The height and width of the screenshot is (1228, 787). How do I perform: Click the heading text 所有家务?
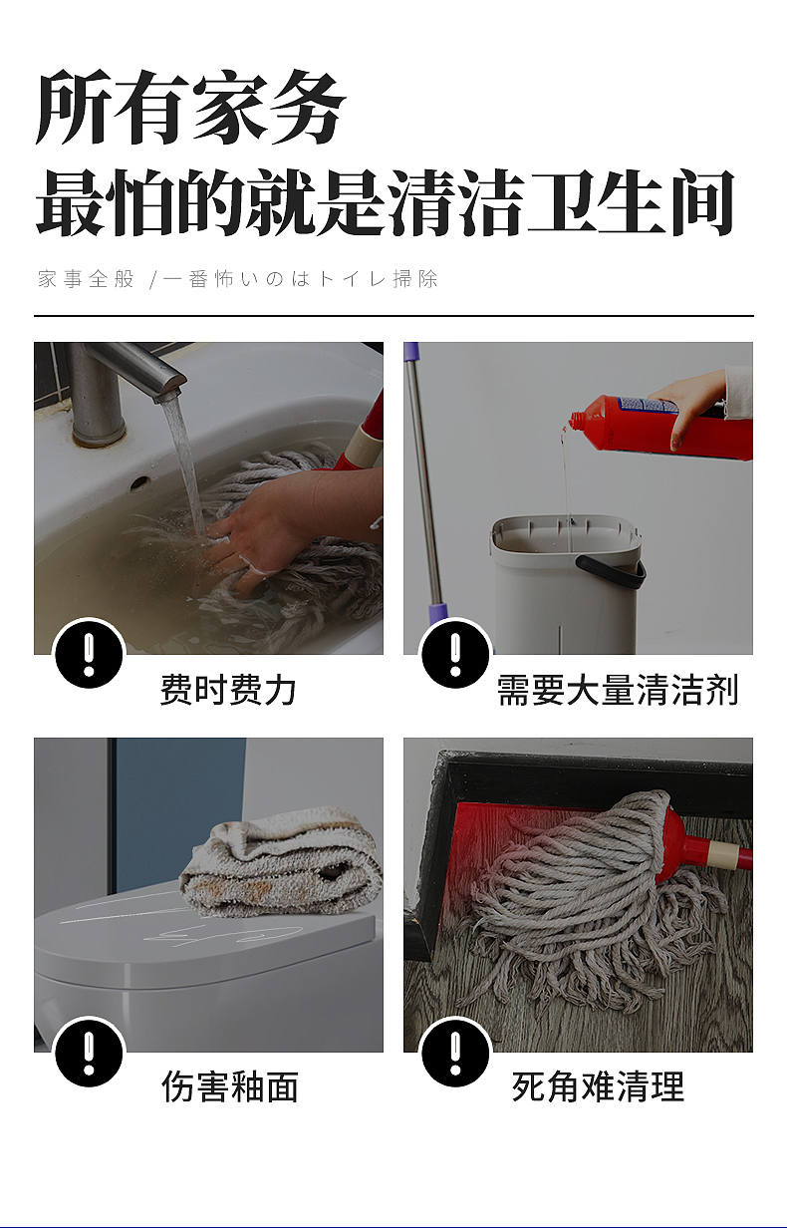[x=190, y=109]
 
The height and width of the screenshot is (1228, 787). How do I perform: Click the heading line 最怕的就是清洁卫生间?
[x=385, y=203]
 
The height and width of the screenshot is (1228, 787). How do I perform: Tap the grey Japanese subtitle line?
[x=238, y=279]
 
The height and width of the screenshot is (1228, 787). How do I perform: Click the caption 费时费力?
[x=228, y=690]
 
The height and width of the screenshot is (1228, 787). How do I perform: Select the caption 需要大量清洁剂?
[x=618, y=690]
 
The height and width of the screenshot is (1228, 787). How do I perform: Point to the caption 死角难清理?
[x=598, y=1086]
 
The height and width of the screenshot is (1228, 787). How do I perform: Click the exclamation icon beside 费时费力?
[x=89, y=655]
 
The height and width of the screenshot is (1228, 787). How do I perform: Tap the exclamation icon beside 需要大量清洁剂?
[x=456, y=655]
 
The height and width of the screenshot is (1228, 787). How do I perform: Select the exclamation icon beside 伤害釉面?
[x=89, y=1053]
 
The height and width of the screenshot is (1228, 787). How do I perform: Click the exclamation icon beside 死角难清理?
[x=456, y=1053]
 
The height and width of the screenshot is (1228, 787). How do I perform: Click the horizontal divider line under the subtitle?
[x=393, y=315]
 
